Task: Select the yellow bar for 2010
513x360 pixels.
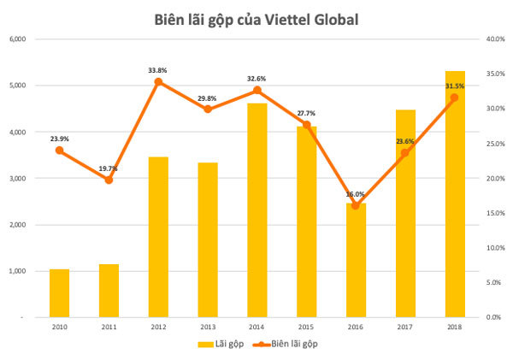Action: [59, 293]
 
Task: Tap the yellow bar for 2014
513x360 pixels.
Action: [256, 210]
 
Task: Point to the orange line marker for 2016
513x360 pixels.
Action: [356, 205]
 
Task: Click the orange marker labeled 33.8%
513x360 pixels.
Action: [158, 82]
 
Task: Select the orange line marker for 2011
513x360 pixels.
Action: [109, 180]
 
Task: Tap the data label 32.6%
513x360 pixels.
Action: [256, 78]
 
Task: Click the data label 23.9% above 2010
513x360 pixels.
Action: [59, 137]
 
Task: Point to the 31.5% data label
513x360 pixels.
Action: [455, 86]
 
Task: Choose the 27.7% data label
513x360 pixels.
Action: [306, 113]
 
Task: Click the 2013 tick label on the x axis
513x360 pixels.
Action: [207, 328]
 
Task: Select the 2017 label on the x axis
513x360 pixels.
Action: [405, 328]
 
